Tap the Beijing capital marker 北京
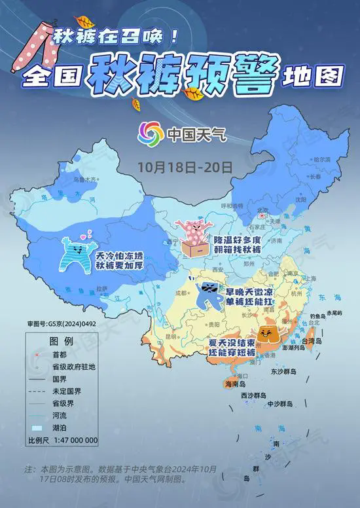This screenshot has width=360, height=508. pos(263,211)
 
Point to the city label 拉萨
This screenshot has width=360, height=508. pos(103,287)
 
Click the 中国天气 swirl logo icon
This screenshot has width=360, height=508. pos(150,135)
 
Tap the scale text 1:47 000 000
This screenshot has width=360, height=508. pos(73,439)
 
